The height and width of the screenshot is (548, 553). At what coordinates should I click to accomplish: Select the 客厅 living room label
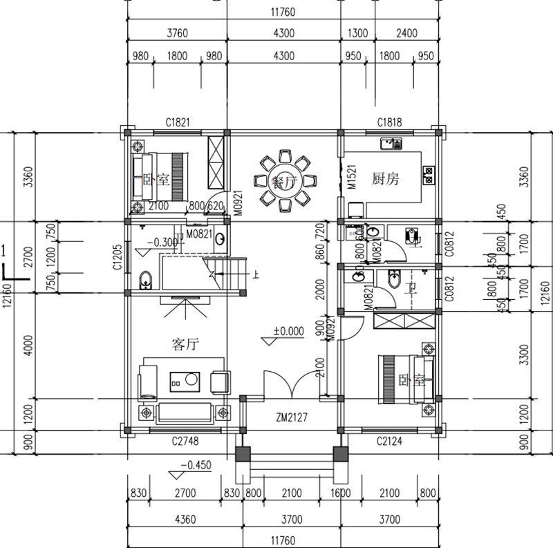(185, 343)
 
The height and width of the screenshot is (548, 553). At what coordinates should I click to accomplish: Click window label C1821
(178, 122)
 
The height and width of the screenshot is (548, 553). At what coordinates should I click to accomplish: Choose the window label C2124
(390, 440)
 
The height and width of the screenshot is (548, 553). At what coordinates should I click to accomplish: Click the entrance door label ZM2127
(290, 418)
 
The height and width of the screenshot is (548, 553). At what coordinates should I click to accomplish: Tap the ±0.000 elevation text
(288, 331)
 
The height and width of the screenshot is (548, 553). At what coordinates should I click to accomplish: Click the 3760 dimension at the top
(177, 32)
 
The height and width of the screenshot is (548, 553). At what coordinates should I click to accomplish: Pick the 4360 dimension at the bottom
(182, 519)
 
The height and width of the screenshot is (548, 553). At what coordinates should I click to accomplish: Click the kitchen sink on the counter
(391, 144)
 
